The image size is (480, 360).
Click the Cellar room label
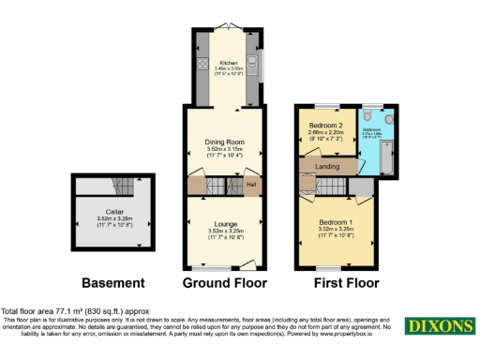(114, 212)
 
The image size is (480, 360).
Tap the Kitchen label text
(224, 62)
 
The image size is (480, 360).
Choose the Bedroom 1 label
(336, 221)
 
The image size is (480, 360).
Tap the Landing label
(328, 166)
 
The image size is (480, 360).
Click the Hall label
(251, 185)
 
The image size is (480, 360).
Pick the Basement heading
(113, 282)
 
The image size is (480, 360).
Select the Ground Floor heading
(224, 282)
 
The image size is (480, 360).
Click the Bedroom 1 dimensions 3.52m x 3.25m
(336, 230)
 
